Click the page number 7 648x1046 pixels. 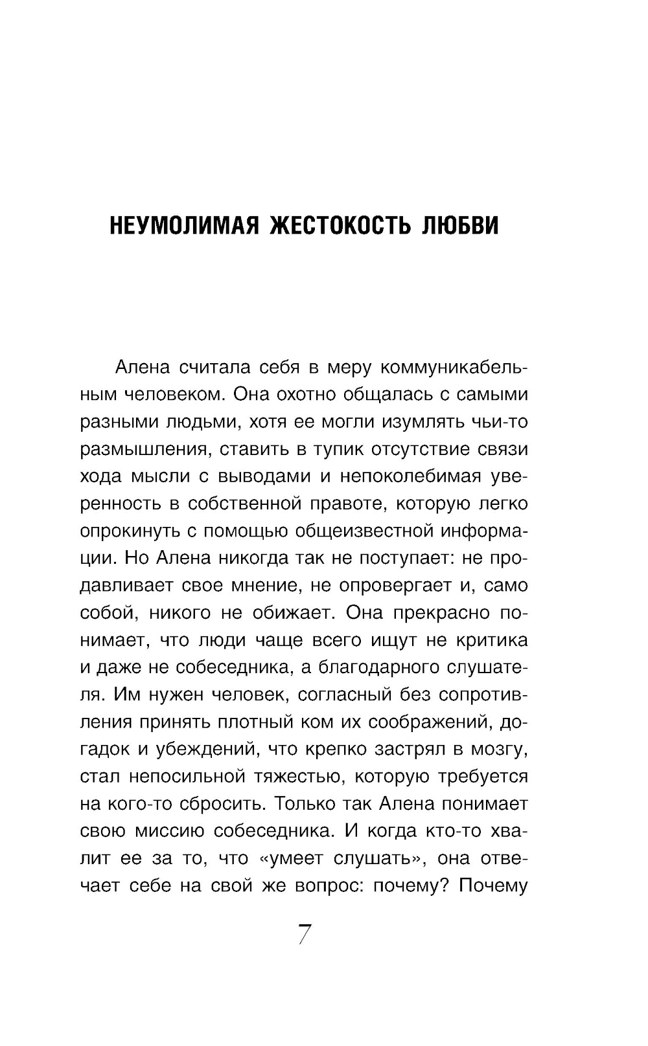(x=305, y=935)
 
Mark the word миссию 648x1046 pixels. (x=187, y=830)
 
